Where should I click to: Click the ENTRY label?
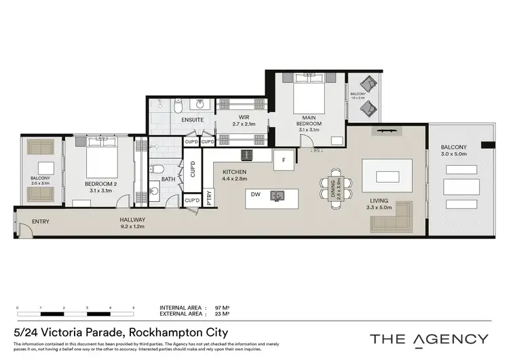tap(40, 221)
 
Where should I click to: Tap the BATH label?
tap(168, 180)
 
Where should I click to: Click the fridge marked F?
tap(282, 161)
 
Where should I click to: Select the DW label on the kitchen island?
tap(254, 195)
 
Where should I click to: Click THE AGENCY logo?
tap(428, 338)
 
